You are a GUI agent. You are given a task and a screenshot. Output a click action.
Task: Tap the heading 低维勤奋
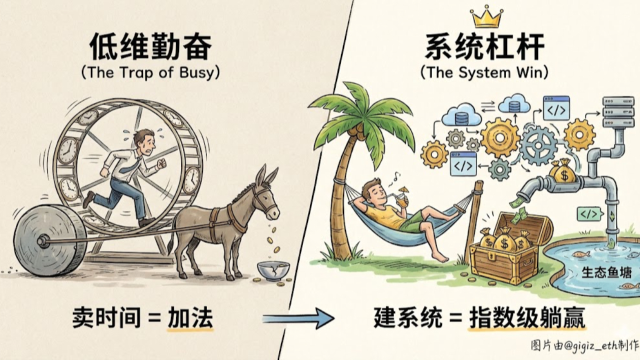150,48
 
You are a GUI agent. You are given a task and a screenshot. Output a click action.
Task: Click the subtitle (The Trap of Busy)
150,72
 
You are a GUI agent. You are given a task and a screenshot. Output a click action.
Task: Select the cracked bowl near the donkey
273,270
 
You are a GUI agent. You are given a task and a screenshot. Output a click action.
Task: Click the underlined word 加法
190,318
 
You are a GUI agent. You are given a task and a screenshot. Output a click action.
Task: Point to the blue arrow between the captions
298,318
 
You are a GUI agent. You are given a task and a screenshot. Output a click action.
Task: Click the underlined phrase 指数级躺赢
527,318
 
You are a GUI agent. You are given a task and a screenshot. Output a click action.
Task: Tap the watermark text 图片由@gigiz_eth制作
584,345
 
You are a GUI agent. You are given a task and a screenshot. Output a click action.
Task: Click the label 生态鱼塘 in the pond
606,273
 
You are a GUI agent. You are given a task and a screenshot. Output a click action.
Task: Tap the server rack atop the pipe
615,112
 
